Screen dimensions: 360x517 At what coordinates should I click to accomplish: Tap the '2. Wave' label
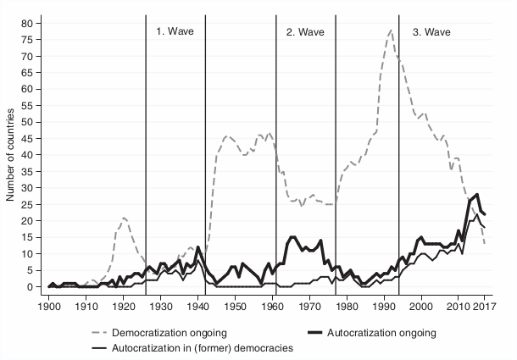pyautogui.click(x=302, y=31)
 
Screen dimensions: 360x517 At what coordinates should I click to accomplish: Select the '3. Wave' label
pyautogui.click(x=431, y=31)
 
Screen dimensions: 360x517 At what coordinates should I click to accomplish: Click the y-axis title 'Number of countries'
pyautogui.click(x=11, y=155)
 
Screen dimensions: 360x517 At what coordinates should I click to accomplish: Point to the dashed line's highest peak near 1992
pyautogui.click(x=391, y=30)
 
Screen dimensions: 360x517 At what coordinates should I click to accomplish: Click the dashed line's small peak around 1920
pyautogui.click(x=124, y=218)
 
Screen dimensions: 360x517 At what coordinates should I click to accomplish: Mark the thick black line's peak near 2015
pyautogui.click(x=478, y=195)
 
